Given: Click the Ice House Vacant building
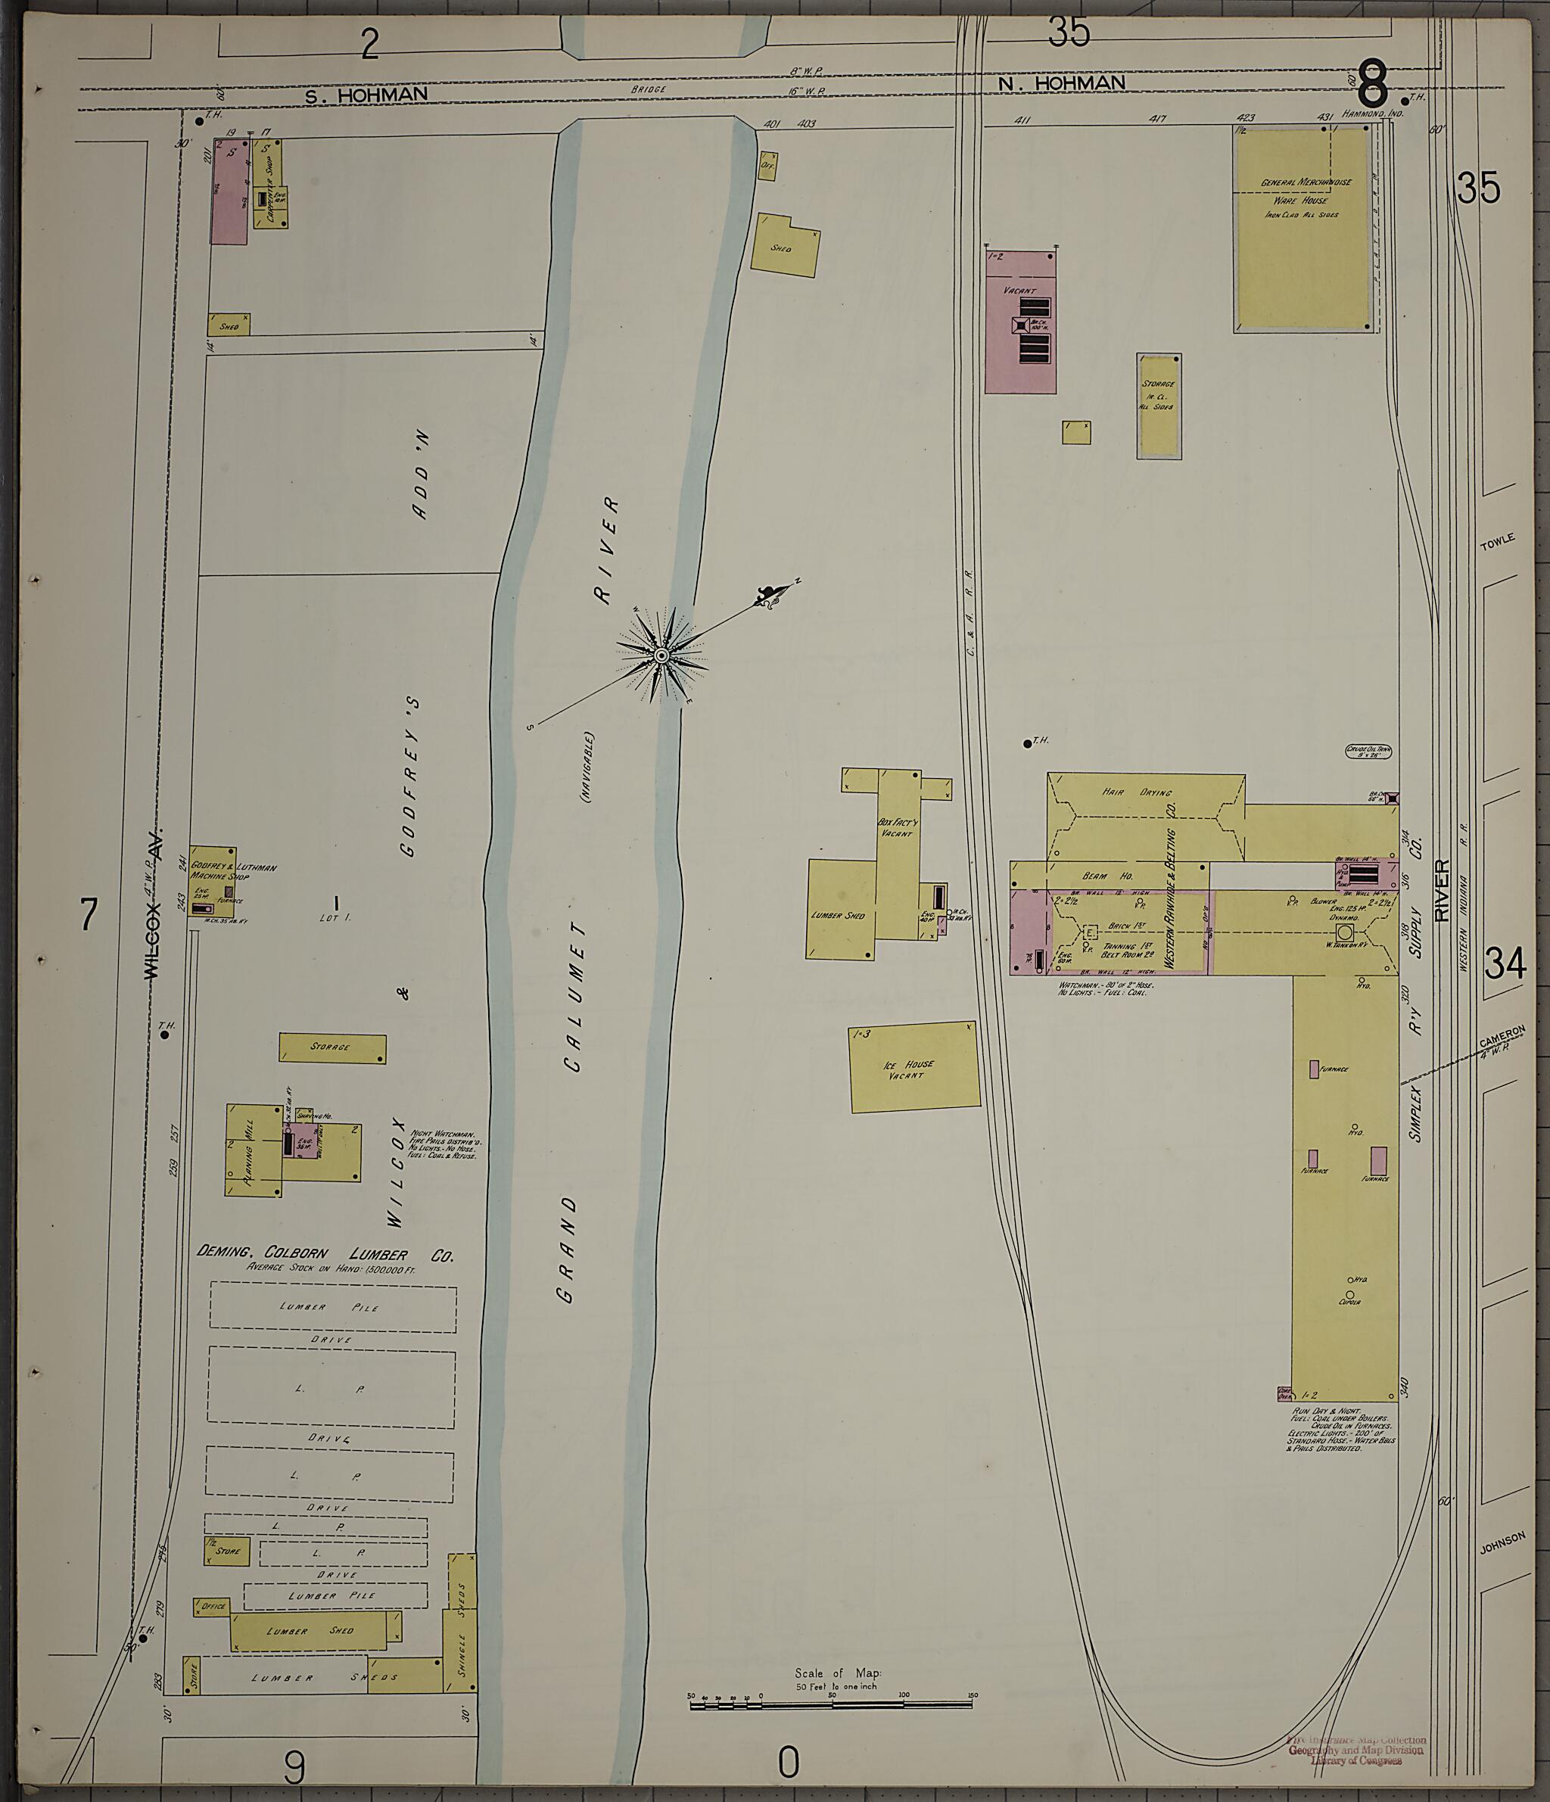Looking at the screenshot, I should point(914,1067).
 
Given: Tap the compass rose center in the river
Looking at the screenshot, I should point(661,655).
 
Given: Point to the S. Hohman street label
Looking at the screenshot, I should point(366,95).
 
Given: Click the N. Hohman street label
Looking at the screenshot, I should point(1061,83).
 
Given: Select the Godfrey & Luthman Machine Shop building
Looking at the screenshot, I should point(213,879).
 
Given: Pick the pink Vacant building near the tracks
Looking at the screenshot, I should point(1019,322).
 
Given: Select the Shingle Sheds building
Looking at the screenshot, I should point(462,1610).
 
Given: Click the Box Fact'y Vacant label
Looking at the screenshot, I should point(896,826).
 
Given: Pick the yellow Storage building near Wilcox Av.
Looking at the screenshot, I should point(332,1048).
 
